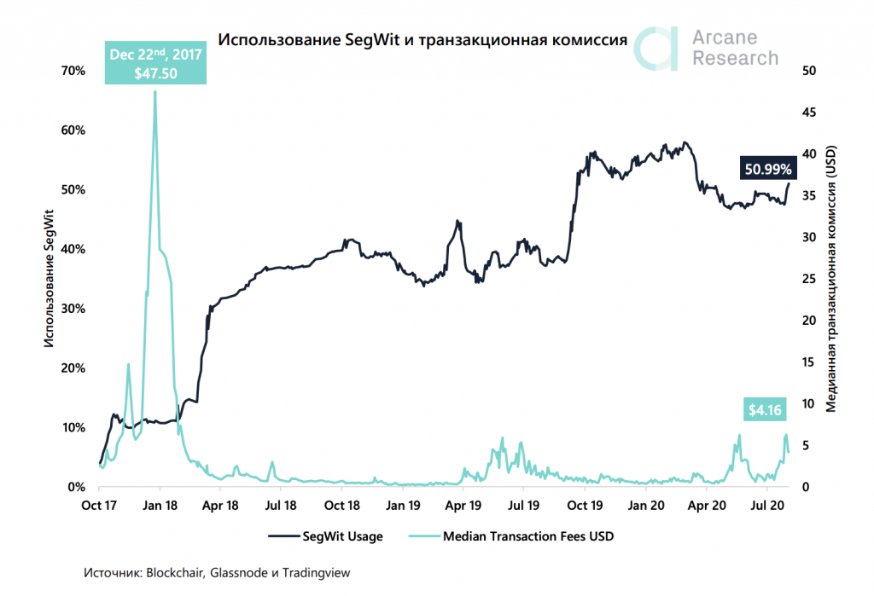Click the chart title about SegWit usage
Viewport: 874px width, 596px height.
pyautogui.click(x=423, y=40)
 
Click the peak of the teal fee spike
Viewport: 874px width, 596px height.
pyautogui.click(x=154, y=92)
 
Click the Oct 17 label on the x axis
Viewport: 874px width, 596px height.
pyautogui.click(x=99, y=505)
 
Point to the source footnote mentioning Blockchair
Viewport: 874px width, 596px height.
pyautogui.click(x=217, y=573)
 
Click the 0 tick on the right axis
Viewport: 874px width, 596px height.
pyautogui.click(x=807, y=487)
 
